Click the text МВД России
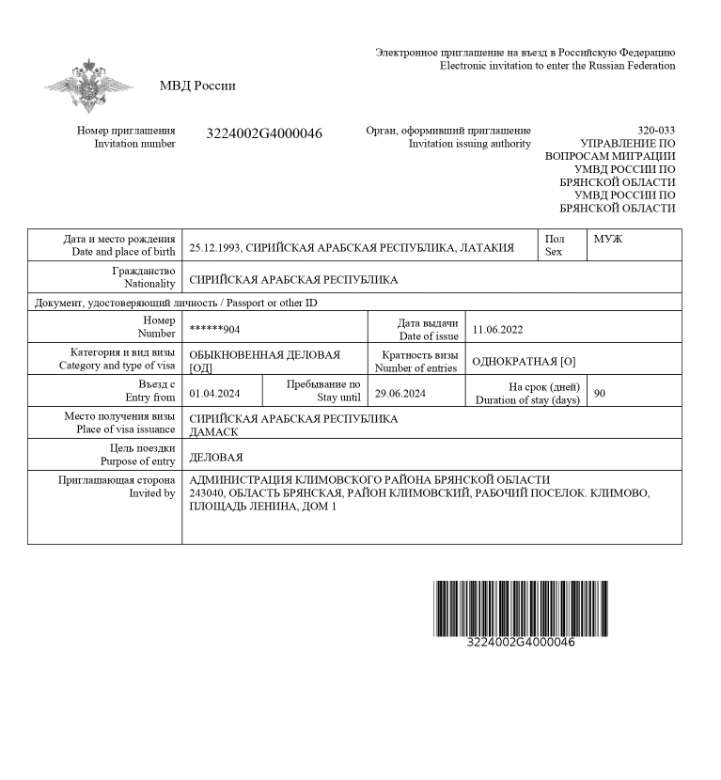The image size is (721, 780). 197,86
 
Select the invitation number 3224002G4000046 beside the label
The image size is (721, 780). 264,134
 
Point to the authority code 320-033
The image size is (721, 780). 655,130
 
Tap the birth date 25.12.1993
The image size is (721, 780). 215,248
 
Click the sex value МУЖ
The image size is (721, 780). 608,240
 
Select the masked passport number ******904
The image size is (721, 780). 214,330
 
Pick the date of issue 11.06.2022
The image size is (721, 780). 497,330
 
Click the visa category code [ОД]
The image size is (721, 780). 201,368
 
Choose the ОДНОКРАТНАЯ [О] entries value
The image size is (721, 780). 524,362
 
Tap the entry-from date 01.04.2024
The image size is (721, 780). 214,394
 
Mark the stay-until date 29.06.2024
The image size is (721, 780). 400,394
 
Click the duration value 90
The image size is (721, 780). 600,394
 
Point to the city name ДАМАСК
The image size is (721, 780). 213,432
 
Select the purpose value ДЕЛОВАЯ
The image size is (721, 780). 216,458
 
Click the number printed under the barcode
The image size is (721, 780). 520,643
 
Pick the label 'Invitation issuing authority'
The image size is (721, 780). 469,144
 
